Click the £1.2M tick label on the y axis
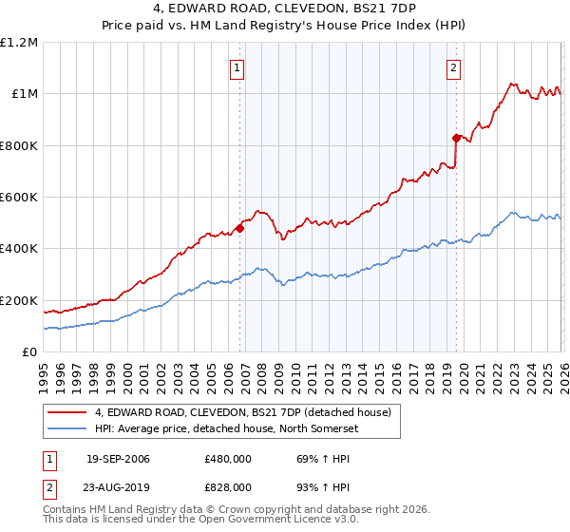[20, 43]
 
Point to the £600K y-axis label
[19, 198]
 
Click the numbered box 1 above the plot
[237, 67]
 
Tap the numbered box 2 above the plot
[454, 67]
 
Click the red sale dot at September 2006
[239, 228]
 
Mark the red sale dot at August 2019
[456, 138]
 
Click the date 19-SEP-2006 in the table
[118, 459]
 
